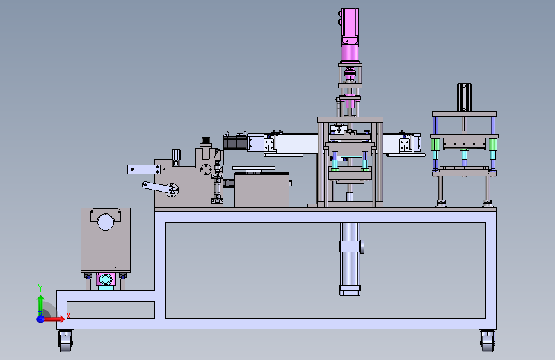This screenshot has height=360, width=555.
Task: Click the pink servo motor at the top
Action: click(x=350, y=35)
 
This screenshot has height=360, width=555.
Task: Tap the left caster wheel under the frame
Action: click(x=65, y=341)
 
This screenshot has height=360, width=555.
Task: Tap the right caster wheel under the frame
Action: click(x=487, y=341)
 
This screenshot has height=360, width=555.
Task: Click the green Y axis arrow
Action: click(x=41, y=305)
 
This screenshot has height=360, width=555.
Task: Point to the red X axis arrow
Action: click(x=53, y=319)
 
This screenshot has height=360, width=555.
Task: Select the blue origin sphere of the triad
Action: click(x=41, y=319)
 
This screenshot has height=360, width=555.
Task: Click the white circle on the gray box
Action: click(x=106, y=222)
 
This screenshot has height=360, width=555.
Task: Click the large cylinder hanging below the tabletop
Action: click(x=350, y=259)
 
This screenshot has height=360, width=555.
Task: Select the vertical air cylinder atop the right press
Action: click(x=464, y=97)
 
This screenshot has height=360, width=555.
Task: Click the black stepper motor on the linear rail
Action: click(x=235, y=142)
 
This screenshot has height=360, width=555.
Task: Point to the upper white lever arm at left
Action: click(x=143, y=169)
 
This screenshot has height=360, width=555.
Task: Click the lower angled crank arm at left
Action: click(x=160, y=188)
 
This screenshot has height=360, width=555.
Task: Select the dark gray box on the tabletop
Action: click(x=262, y=190)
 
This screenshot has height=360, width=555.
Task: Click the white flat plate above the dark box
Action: click(x=253, y=168)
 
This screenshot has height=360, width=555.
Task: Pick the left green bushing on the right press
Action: click(x=435, y=144)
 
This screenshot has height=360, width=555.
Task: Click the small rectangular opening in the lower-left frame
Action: click(x=111, y=310)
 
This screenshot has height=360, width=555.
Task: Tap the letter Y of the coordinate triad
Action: click(x=40, y=288)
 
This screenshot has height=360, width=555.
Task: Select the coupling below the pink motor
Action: click(x=350, y=74)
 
